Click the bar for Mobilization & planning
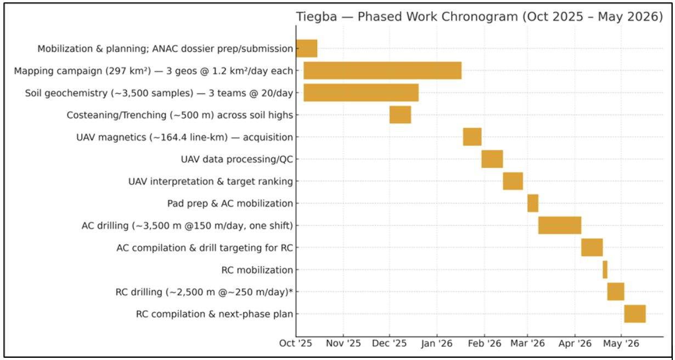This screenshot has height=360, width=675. click(x=306, y=48)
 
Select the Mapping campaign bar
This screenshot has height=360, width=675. click(x=382, y=71)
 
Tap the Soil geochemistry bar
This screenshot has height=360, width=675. click(x=361, y=93)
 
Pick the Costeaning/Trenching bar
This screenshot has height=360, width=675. click(x=400, y=115)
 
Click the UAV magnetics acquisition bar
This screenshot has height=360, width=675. click(x=472, y=137)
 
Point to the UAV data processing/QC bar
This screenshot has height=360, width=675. click(x=492, y=159)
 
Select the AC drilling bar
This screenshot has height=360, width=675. click(x=559, y=226)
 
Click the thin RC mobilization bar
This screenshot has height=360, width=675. click(x=605, y=269)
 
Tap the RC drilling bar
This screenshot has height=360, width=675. click(x=615, y=291)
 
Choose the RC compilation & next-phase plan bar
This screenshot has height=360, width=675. click(x=634, y=314)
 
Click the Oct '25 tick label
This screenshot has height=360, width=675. click(x=296, y=344)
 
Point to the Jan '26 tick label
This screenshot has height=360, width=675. click(x=437, y=344)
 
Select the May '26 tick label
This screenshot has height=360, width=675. click(x=621, y=344)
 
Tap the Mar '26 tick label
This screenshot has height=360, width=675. click(x=527, y=344)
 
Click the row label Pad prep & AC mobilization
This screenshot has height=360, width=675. click(x=230, y=204)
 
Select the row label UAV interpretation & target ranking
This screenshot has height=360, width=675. click(x=210, y=182)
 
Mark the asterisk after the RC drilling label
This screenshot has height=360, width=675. click(x=290, y=291)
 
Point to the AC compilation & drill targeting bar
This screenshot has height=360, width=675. click(x=592, y=248)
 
